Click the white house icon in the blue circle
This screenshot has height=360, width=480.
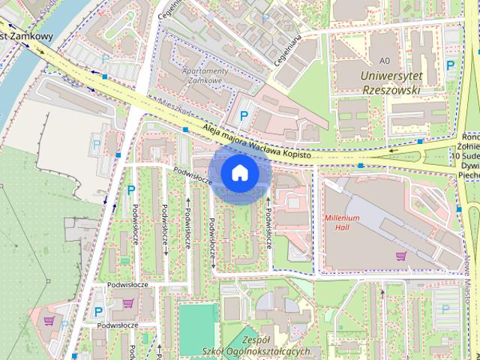pyautogui.click(x=239, y=172)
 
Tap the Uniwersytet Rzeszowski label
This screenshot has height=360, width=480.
pyautogui.click(x=390, y=82)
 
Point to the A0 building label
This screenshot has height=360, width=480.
pyautogui.click(x=385, y=60)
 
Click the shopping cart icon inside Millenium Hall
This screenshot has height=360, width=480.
pyautogui.click(x=400, y=256)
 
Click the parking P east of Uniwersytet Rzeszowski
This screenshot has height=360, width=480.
pyautogui.click(x=450, y=65)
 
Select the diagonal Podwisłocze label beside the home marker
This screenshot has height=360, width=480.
pyautogui.click(x=193, y=176)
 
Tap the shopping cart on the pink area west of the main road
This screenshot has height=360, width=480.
pyautogui.click(x=49, y=320)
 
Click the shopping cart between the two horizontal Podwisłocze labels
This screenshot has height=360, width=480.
pyautogui.click(x=128, y=304)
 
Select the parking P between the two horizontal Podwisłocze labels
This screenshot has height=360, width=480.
pyautogui.click(x=98, y=311)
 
